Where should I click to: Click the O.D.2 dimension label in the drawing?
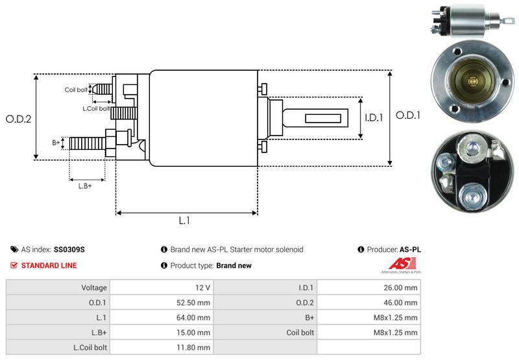point(18,119)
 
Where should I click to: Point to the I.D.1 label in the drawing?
point(375,118)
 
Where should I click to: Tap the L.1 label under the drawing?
point(184,221)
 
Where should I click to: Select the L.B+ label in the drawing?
point(85,186)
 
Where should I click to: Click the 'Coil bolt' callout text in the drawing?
point(76,90)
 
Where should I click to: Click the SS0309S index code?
point(69,249)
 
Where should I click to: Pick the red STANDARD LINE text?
point(49,265)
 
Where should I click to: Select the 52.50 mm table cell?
point(195,302)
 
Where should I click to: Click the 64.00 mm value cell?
point(195,317)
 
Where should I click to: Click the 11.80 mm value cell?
point(195,348)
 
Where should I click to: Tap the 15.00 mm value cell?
point(195,333)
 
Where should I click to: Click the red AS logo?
point(396,264)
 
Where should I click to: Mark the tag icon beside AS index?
point(14,249)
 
